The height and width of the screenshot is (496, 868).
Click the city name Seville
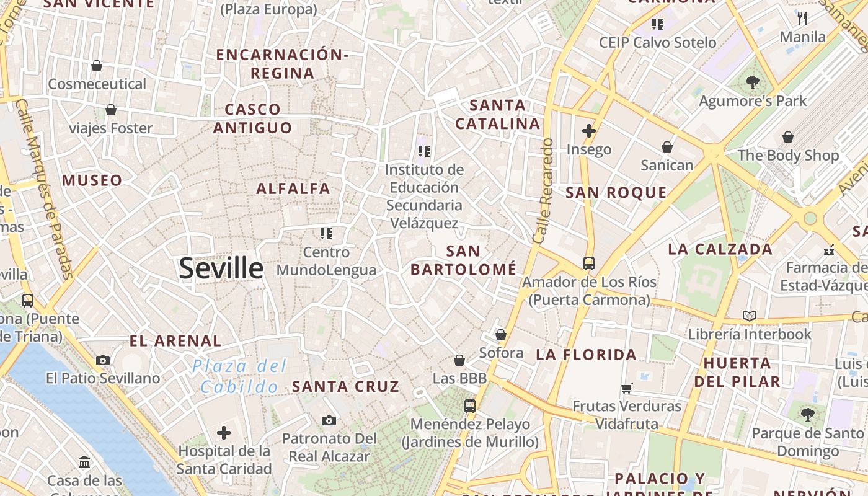221,268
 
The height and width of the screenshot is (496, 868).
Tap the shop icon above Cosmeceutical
97,66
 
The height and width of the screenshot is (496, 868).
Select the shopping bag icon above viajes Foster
111,110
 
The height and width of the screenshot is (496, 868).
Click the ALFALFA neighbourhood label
293,188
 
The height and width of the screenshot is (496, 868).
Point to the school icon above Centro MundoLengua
326,234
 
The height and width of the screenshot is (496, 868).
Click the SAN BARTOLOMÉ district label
463,260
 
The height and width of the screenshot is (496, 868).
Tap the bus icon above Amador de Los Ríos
589,263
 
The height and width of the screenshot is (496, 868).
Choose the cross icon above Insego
589,131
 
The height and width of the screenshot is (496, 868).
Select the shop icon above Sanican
667,147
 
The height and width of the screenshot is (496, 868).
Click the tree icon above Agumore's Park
753,82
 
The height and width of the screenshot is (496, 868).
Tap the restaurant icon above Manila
803,18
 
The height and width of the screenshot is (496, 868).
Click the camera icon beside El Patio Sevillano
103,360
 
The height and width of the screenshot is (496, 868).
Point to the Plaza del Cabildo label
239,376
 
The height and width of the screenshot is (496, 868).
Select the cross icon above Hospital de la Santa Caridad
224,432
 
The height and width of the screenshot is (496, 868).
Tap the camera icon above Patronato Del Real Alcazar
329,421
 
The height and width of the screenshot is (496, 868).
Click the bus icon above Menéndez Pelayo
470,406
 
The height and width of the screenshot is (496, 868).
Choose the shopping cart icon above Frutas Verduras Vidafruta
626,389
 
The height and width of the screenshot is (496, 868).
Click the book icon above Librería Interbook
750,316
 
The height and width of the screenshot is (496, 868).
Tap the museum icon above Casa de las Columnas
84,463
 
